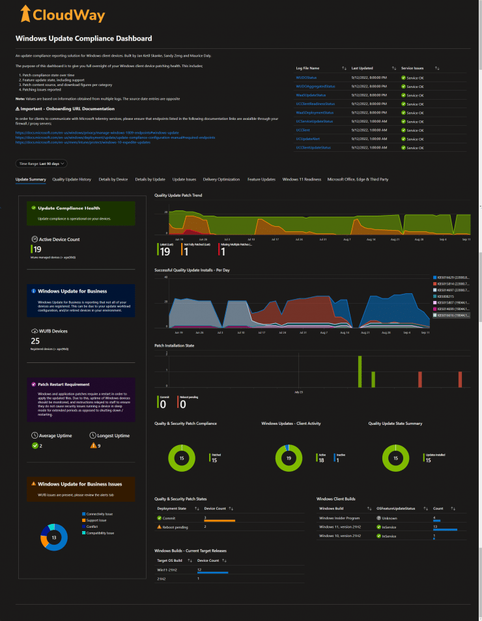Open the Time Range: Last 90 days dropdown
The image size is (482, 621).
(41, 164)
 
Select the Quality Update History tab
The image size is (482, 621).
(72, 179)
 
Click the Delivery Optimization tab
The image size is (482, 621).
(221, 179)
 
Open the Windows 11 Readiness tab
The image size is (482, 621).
(302, 179)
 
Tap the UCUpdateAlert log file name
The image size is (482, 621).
(307, 139)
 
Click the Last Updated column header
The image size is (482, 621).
(362, 68)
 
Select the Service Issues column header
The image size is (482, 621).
(414, 68)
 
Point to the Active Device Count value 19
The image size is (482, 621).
(38, 249)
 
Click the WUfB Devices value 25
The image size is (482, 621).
(36, 341)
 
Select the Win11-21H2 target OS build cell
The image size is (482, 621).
(167, 570)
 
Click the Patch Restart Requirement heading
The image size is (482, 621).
(64, 384)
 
